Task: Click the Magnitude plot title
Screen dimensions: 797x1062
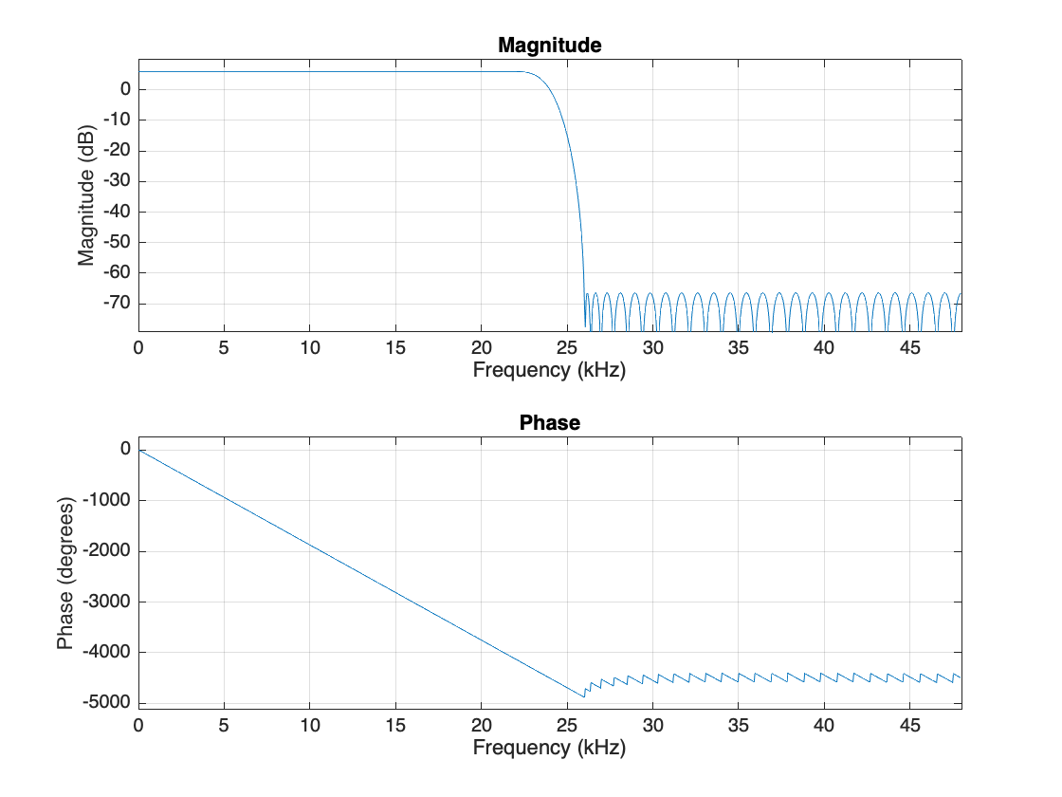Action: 550,46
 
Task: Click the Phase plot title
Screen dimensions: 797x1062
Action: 550,423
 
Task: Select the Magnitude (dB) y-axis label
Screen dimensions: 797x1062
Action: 86,195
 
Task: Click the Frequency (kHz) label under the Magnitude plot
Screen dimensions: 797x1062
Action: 550,370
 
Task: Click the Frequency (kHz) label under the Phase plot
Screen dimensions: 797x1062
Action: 550,748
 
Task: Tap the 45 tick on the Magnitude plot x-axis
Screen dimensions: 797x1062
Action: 909,348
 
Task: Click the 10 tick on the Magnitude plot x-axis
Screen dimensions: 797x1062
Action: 310,348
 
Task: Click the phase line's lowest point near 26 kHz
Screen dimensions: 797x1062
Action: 584,696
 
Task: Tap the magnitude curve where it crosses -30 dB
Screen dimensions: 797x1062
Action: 577,181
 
